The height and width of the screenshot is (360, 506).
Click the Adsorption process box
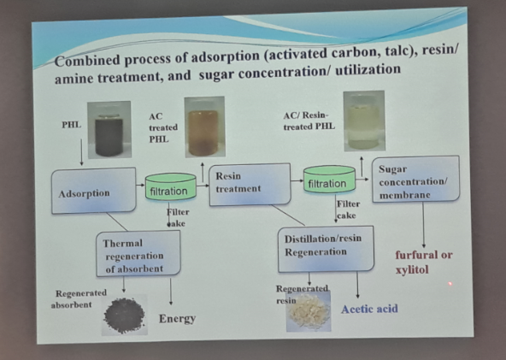click(93, 191)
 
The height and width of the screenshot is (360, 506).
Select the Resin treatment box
click(250, 185)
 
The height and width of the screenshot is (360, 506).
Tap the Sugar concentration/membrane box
click(415, 180)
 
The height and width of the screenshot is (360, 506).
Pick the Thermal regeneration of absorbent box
click(138, 254)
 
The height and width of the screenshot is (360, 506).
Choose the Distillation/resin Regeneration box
click(326, 249)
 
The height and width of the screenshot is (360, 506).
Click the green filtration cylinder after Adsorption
click(170, 186)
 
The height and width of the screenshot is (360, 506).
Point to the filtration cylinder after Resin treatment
click(329, 180)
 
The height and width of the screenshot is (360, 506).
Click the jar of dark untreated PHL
click(109, 130)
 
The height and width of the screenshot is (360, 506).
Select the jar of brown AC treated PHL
click(204, 127)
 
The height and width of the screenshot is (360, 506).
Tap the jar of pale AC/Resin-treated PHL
click(364, 121)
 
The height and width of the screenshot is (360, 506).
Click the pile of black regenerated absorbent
click(124, 316)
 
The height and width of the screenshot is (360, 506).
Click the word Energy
click(177, 319)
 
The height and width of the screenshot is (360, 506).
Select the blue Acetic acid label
click(369, 309)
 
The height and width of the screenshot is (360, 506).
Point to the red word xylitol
click(412, 269)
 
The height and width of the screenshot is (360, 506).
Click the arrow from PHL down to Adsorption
click(81, 152)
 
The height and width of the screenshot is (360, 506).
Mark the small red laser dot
click(450, 284)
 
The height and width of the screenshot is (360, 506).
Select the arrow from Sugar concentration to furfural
click(423, 225)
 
